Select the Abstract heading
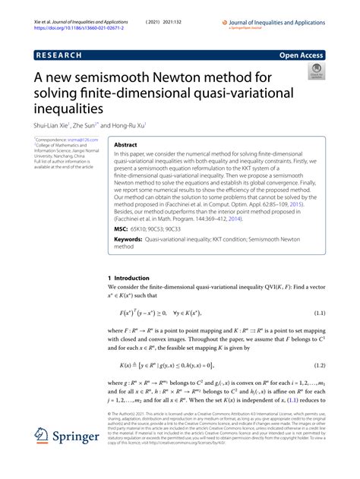pos(130,143)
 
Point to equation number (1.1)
pos(314,313)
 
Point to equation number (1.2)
pos(314,365)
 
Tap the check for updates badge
pos(316,72)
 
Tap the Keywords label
pos(128,238)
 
